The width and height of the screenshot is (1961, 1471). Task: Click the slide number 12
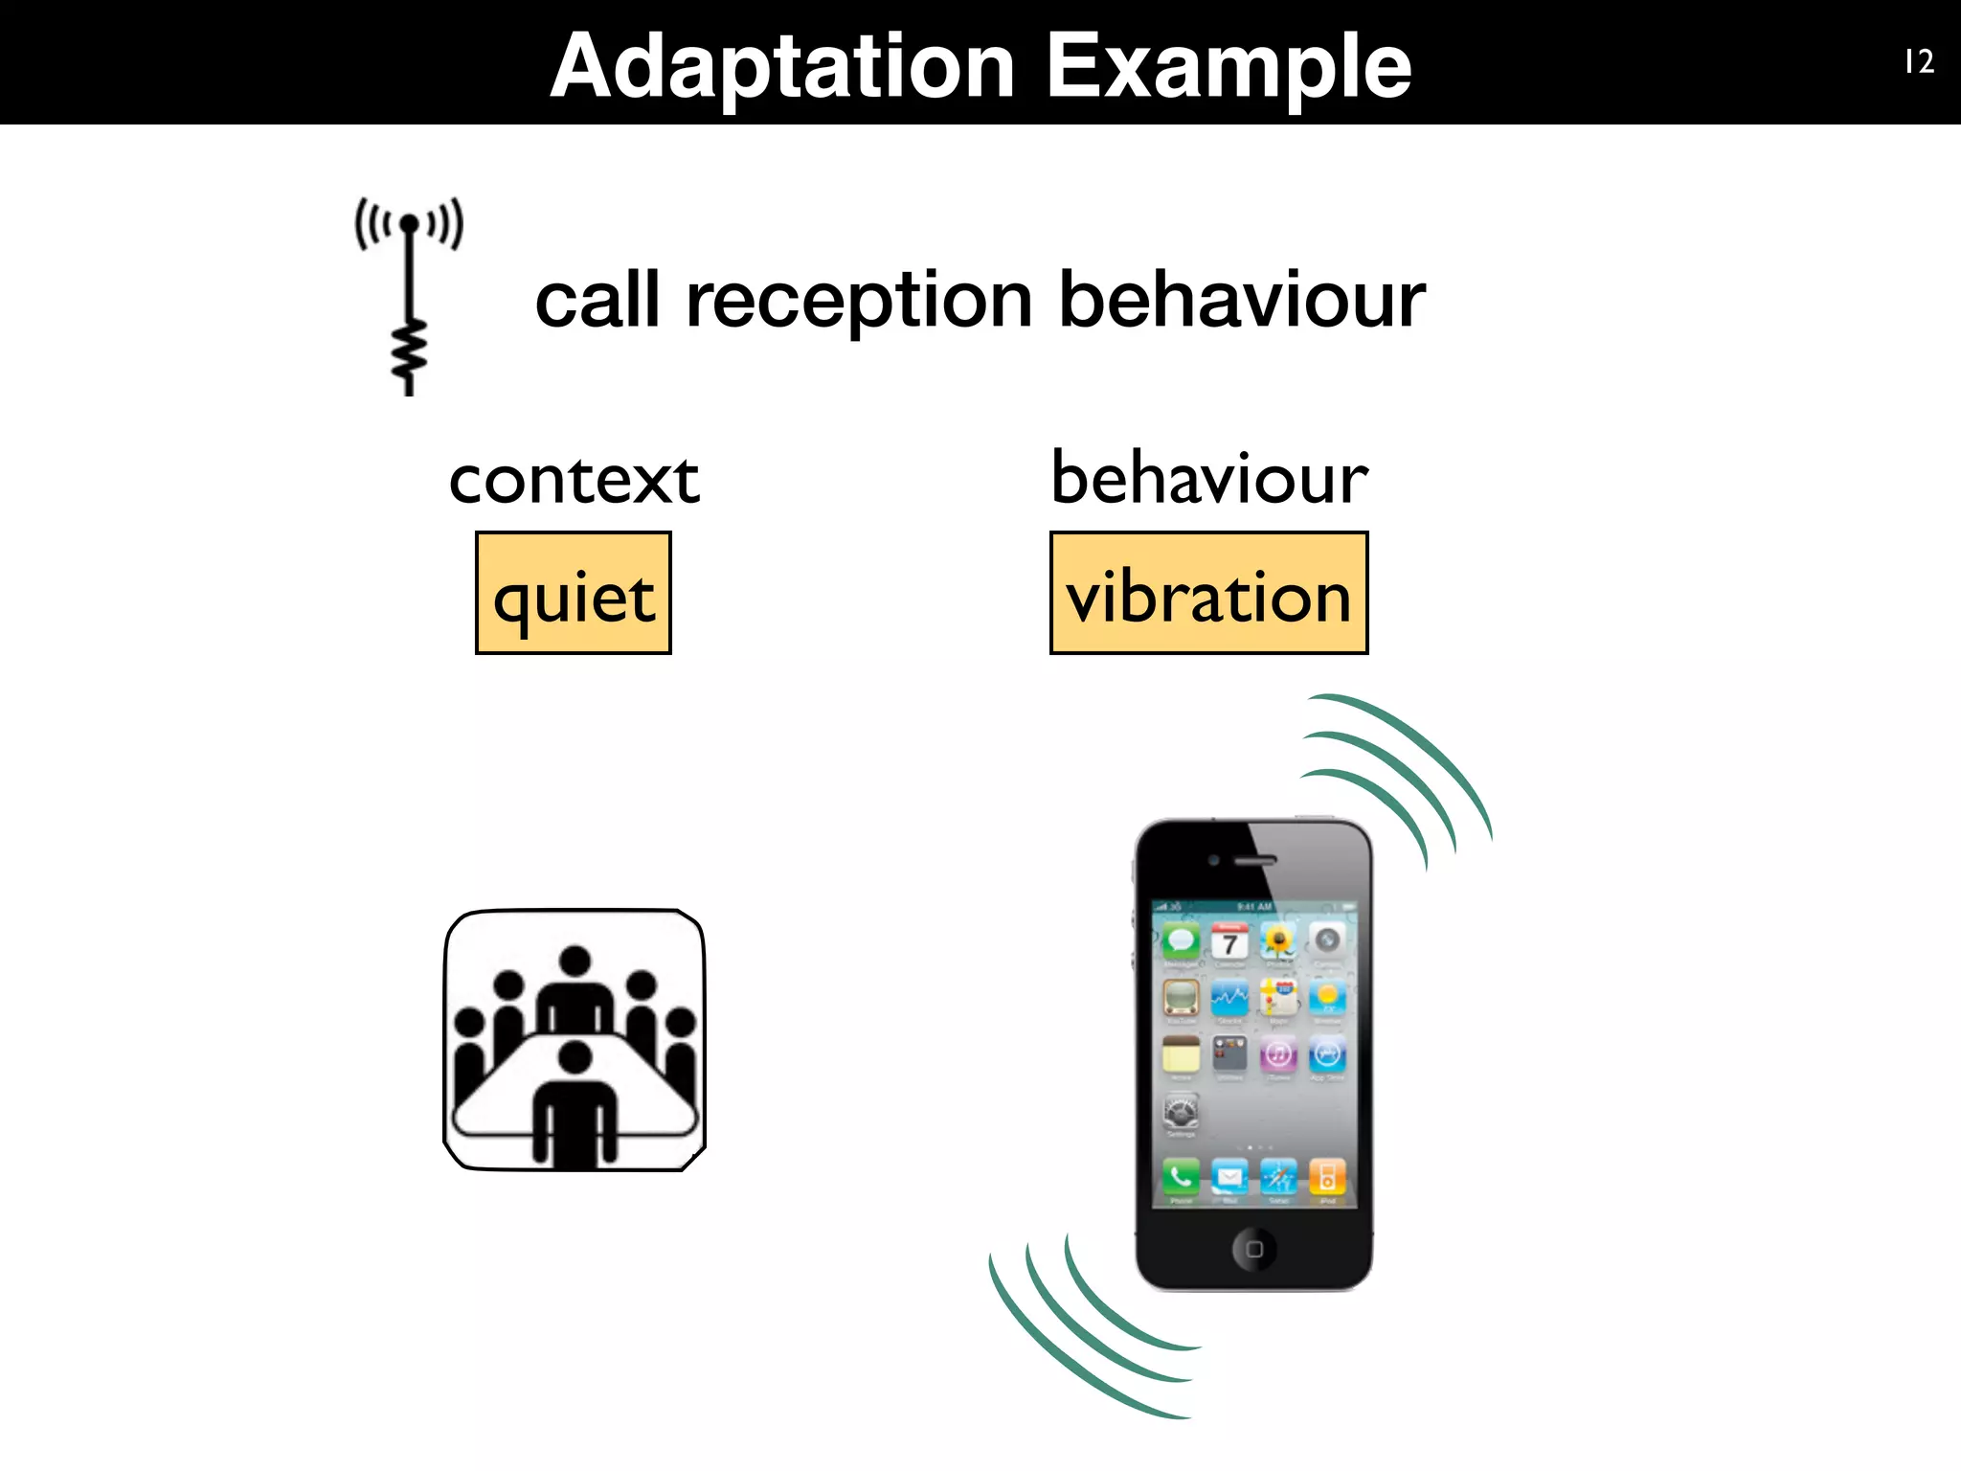pos(1919,62)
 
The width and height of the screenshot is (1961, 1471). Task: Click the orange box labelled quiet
pos(574,594)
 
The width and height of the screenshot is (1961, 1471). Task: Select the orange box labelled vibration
pos(1208,594)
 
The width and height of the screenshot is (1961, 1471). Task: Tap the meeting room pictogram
pos(575,1039)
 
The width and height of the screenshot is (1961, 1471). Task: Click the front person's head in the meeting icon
pos(575,1057)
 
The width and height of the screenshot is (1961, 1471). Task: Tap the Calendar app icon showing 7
pos(1229,941)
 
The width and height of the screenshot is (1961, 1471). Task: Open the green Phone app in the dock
pos(1181,1175)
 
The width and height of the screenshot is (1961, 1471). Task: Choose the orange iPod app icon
pos(1327,1175)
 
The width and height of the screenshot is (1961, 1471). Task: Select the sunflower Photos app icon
pos(1278,941)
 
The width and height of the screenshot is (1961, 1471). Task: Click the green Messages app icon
pos(1181,941)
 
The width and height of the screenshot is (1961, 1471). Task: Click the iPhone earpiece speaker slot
pos(1254,860)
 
